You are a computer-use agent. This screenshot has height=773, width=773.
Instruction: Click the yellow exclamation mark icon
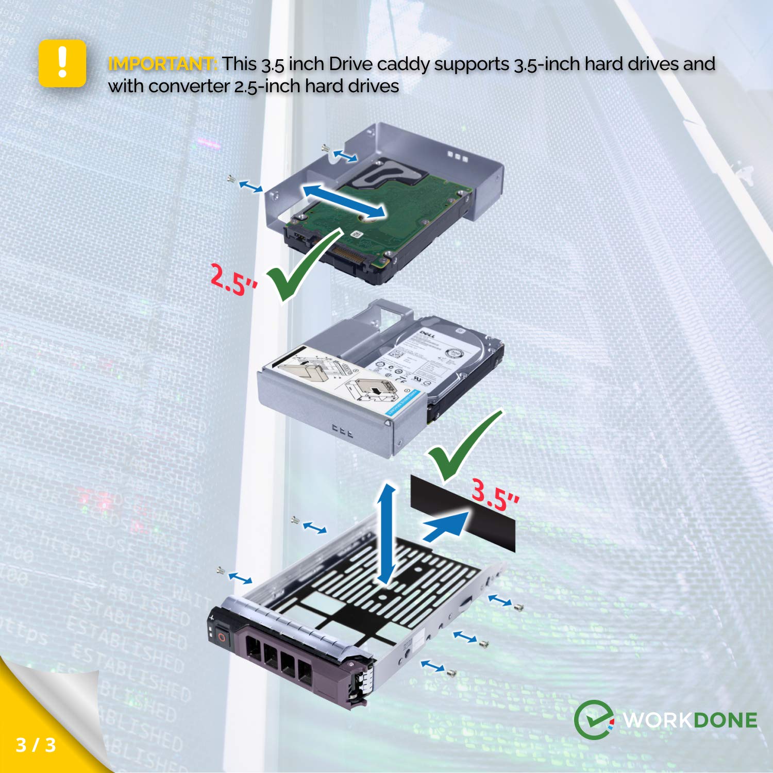[x=62, y=63]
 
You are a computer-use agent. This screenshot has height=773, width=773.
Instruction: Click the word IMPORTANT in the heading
[x=162, y=64]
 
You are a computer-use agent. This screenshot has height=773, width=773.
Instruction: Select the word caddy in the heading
[x=403, y=64]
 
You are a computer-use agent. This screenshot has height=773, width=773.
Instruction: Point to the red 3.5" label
[x=495, y=495]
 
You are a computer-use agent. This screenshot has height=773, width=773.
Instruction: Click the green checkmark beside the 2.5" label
[x=304, y=265]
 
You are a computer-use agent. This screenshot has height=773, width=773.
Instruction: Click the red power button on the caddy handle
[x=222, y=637]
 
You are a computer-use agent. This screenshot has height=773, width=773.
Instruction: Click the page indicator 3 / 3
[x=36, y=745]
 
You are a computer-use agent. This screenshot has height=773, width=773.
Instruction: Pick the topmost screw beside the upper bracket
[x=325, y=148]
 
